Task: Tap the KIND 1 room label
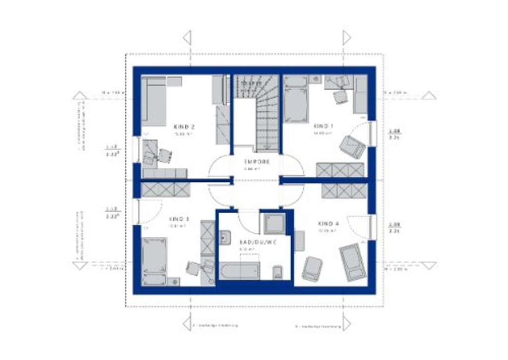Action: tap(323, 126)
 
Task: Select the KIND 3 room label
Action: tap(179, 219)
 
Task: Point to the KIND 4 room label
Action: tap(328, 224)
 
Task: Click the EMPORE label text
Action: tap(257, 162)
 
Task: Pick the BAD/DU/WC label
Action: tap(258, 242)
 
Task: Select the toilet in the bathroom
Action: tap(278, 272)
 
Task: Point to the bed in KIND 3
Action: tap(154, 261)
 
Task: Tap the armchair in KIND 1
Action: tap(352, 147)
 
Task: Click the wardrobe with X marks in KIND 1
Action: tap(341, 170)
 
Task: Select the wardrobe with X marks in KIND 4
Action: tap(344, 191)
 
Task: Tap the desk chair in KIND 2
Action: tap(164, 155)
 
